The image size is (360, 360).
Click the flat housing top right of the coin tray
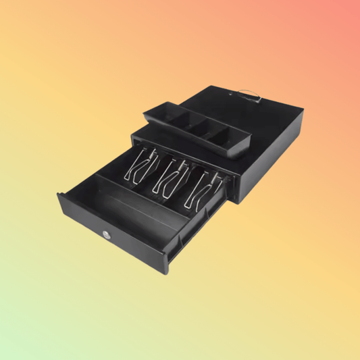270,125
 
